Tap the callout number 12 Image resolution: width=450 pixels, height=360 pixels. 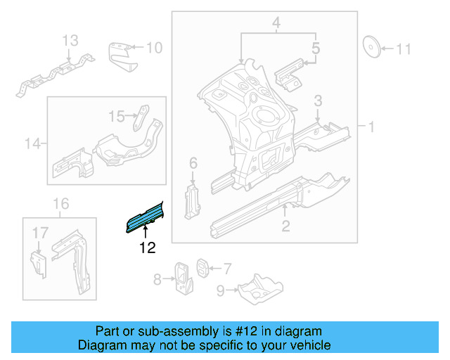(x=147, y=247)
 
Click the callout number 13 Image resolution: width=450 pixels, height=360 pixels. (x=71, y=41)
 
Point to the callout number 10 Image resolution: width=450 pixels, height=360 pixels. (x=154, y=48)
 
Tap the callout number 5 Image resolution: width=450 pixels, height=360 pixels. (x=316, y=49)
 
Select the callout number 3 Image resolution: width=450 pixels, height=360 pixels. (x=318, y=101)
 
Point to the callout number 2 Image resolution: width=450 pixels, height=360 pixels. (x=285, y=226)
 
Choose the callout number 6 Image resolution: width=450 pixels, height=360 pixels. (x=193, y=164)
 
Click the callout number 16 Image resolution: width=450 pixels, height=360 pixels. (x=62, y=204)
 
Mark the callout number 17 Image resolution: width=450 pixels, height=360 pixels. (x=39, y=231)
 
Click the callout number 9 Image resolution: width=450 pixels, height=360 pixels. (x=221, y=289)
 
